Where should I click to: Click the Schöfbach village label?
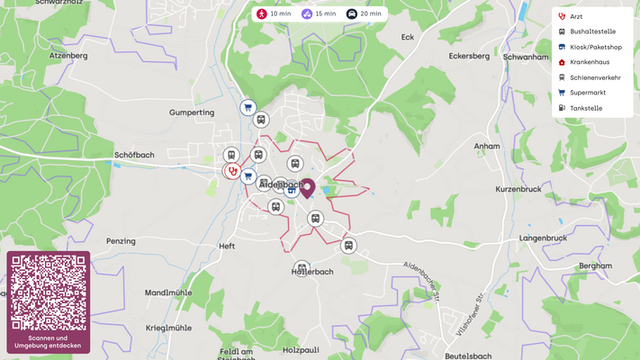pyautogui.click(x=134, y=155)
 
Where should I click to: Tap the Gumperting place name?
pyautogui.click(x=192, y=112)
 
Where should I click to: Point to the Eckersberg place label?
pyautogui.click(x=468, y=56)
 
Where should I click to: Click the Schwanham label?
pyautogui.click(x=526, y=56)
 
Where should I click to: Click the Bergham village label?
pyautogui.click(x=595, y=266)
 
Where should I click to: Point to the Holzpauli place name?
pyautogui.click(x=302, y=349)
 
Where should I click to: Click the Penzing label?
pyautogui.click(x=121, y=241)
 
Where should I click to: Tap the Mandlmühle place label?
pyautogui.click(x=169, y=292)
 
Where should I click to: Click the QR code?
pyautogui.click(x=49, y=292)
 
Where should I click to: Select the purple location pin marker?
pyautogui.click(x=307, y=187)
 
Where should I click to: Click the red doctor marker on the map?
pyautogui.click(x=232, y=170)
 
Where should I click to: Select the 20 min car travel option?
pyautogui.click(x=365, y=14)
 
